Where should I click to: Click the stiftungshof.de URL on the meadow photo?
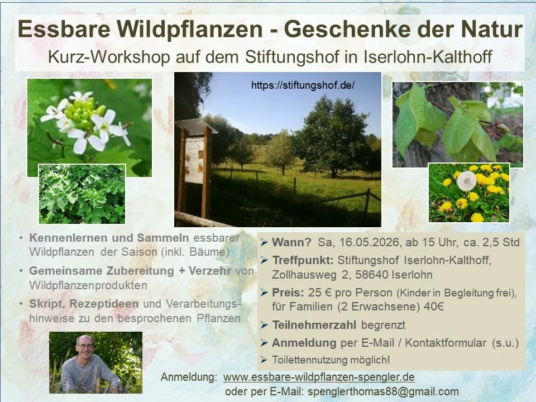pyautogui.click(x=303, y=85)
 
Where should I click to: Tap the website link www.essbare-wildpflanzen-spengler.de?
pyautogui.click(x=319, y=377)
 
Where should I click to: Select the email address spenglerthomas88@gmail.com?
pyautogui.click(x=383, y=391)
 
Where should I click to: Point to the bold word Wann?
pyautogui.click(x=291, y=242)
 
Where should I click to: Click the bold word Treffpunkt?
pyautogui.click(x=303, y=261)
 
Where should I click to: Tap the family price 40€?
pyautogui.click(x=434, y=307)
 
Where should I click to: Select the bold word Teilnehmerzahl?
pyautogui.click(x=314, y=325)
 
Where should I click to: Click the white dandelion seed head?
pyautogui.click(x=467, y=180)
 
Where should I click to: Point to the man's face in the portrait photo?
pyautogui.click(x=85, y=347)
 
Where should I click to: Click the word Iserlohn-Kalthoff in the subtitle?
pyautogui.click(x=428, y=57)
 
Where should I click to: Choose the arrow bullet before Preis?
pyautogui.click(x=264, y=293)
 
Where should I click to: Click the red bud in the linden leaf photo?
pyautogui.click(x=502, y=128)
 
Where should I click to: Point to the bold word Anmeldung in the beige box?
pyautogui.click(x=304, y=343)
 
